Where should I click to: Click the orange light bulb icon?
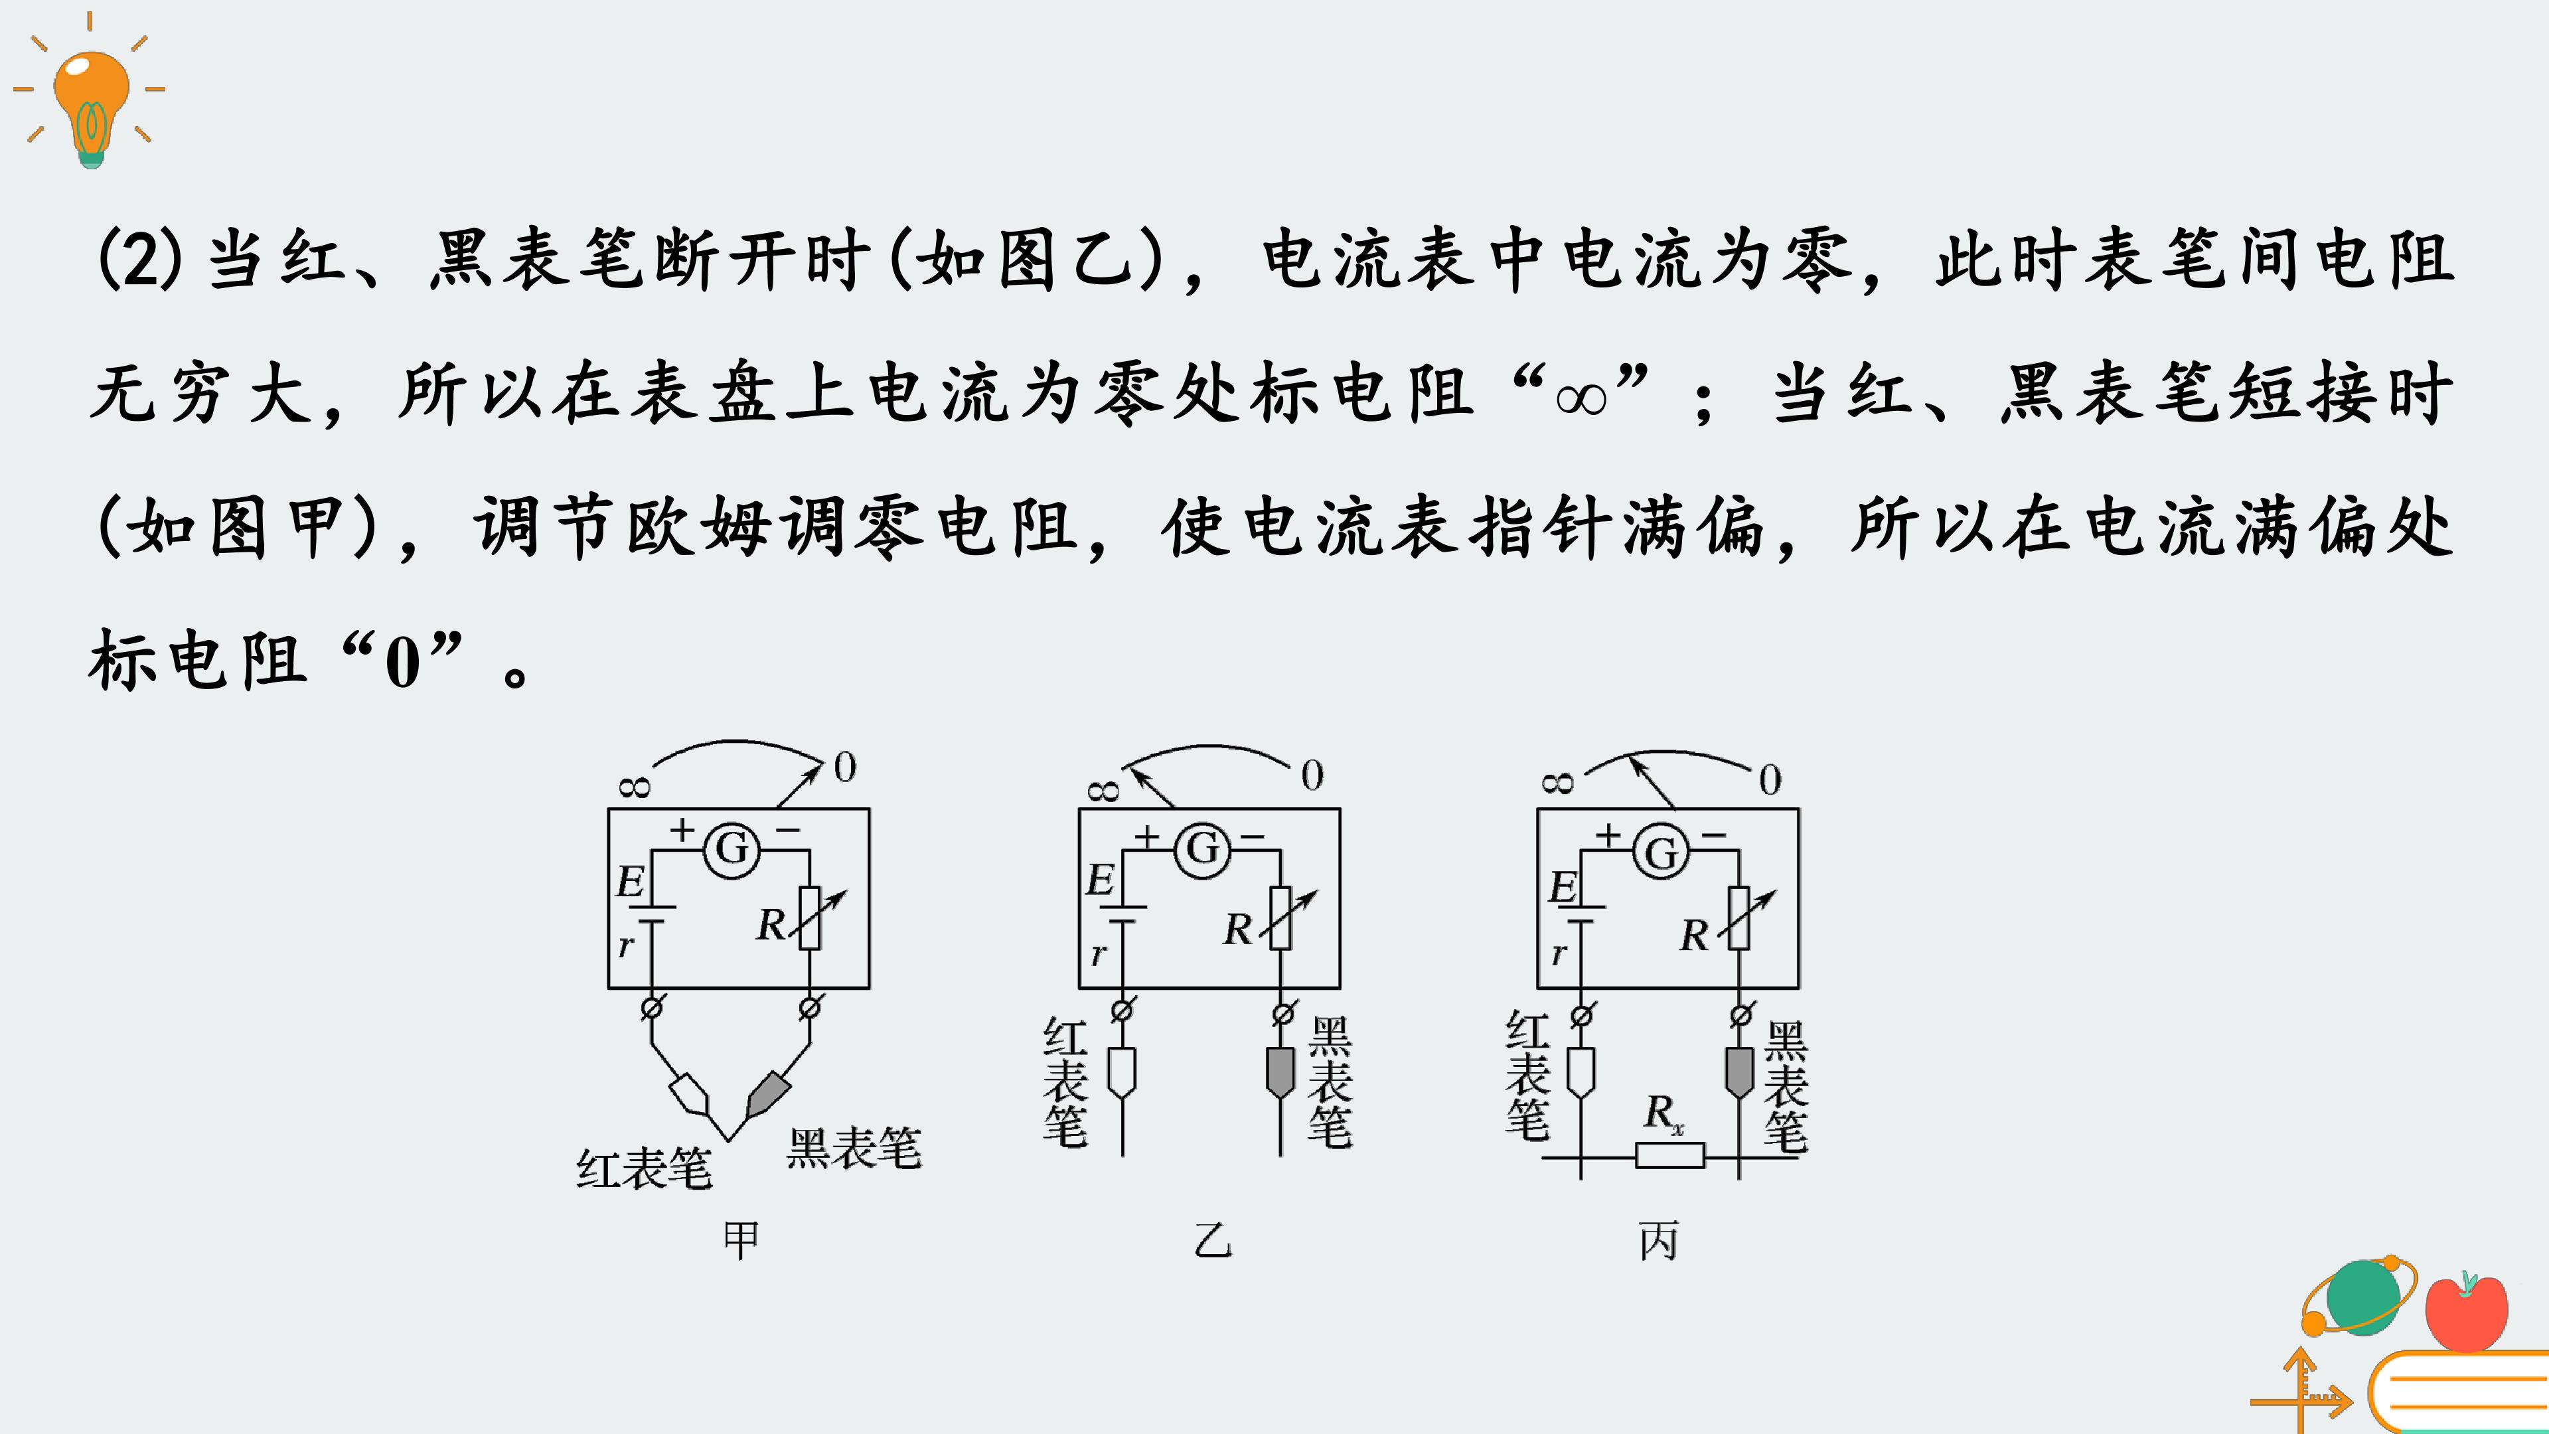click(90, 104)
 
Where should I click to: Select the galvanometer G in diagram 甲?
click(732, 849)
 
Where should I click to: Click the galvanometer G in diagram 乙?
click(1202, 849)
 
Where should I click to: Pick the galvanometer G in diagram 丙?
click(1661, 852)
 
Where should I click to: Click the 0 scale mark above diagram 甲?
click(844, 767)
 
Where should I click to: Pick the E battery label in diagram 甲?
click(629, 882)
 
